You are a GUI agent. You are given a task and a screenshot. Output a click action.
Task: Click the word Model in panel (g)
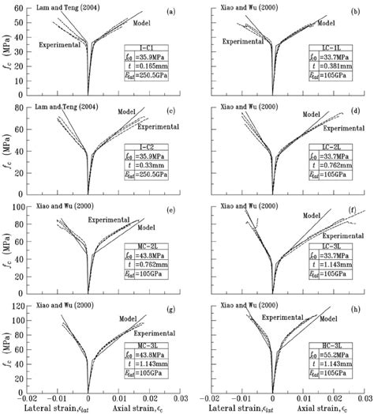[x=129, y=319]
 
